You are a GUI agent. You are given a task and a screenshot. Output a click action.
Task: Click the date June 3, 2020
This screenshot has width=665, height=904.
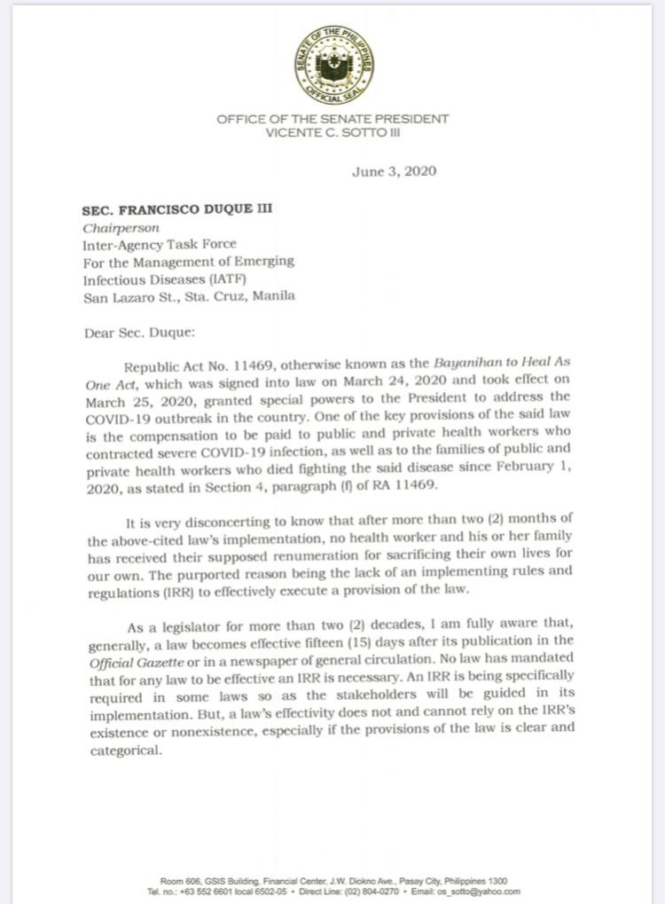point(395,171)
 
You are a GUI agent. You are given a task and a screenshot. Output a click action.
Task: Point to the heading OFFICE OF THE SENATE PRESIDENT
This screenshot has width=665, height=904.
point(332,119)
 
